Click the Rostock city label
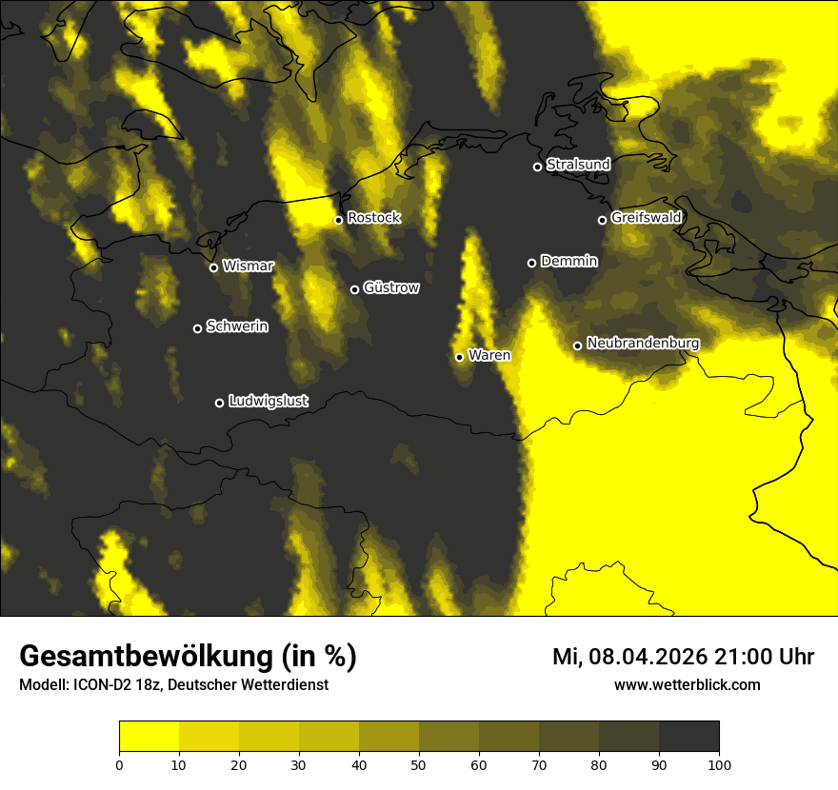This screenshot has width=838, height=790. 374,218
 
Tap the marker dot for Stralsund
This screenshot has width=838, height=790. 537,167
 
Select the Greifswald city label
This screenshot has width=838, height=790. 647,218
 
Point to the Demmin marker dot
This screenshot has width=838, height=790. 531,263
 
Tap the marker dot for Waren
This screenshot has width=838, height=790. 459,357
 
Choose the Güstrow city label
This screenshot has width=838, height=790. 391,287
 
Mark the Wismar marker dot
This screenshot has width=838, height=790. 213,267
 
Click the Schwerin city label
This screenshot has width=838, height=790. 237,326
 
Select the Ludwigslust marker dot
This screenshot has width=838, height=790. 219,403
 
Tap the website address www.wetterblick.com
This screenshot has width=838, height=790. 688,685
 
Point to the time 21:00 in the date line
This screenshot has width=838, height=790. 743,657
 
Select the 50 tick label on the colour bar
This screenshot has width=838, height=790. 419,764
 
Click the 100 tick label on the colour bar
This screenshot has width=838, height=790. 719,764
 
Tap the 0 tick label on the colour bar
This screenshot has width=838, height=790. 119,764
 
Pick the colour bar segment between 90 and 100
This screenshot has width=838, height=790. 688,737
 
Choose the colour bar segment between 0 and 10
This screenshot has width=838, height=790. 149,737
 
